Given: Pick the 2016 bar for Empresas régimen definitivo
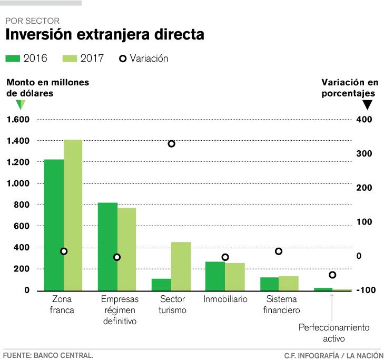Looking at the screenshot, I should [108, 246].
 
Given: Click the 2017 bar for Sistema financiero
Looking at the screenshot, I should [289, 283].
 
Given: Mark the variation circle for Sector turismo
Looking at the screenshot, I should [171, 144].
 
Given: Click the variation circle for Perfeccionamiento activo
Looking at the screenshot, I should [332, 275].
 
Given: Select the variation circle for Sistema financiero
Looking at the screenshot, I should [279, 251].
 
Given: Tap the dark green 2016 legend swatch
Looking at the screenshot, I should [13, 59].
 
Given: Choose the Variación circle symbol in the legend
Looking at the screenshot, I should [123, 59].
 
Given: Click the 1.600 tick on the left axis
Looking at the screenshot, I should [18, 120].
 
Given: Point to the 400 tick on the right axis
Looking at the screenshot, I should [364, 120].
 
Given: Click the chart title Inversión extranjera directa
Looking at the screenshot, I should [104, 35].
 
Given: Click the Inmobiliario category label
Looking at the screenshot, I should [225, 299].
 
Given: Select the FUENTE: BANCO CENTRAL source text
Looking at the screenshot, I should [48, 355].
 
